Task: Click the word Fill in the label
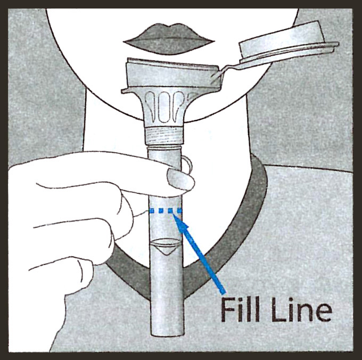point(240,309)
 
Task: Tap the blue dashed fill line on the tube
point(166,210)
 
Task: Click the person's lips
point(169,39)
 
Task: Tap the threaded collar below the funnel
point(164,136)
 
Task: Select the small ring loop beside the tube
point(187,163)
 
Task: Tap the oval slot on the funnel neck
point(163,107)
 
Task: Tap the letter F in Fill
point(228,309)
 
